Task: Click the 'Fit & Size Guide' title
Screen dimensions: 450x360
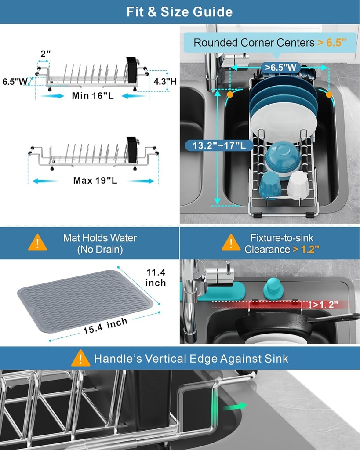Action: (180, 11)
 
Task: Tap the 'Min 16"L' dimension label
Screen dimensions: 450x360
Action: (93, 96)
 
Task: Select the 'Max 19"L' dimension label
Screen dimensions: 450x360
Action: (95, 181)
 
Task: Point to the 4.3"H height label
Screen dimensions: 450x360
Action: (165, 81)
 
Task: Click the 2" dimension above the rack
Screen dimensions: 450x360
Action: (45, 54)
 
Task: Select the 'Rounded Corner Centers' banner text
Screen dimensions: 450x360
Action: (254, 43)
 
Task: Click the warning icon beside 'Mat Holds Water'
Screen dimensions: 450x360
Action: (38, 243)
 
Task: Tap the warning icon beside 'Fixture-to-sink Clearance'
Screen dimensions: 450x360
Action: (231, 243)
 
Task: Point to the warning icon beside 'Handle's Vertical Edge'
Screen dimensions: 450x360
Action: (81, 358)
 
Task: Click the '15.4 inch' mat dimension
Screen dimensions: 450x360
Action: (105, 326)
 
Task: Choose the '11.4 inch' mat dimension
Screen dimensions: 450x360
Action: (156, 278)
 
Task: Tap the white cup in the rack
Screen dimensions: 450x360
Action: (298, 185)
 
